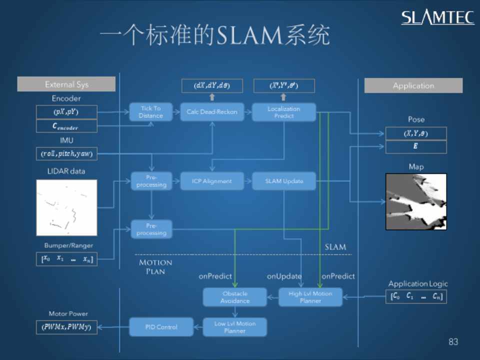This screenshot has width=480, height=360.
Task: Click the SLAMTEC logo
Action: [437, 17]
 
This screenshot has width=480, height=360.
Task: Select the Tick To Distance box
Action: [150, 112]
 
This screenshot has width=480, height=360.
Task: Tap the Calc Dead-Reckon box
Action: [211, 112]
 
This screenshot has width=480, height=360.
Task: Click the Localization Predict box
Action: [283, 112]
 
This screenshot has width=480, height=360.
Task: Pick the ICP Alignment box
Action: [212, 181]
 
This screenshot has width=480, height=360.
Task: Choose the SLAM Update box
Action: [283, 181]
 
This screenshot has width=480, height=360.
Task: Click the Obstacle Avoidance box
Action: [234, 297]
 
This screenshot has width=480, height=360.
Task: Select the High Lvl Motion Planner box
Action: [310, 297]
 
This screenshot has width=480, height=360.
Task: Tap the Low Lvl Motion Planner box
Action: [234, 327]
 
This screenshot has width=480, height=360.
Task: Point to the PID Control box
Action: [160, 327]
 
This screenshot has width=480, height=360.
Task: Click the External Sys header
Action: [66, 84]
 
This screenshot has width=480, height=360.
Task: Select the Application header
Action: [413, 85]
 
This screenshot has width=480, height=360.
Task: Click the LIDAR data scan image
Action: [66, 207]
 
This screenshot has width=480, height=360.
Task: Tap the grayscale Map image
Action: [415, 201]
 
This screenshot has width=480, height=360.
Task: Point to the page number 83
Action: [453, 342]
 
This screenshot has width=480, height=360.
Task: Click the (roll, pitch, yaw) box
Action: [66, 153]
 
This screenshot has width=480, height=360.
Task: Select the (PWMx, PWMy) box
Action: [66, 327]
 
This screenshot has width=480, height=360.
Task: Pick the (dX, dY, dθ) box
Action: [211, 85]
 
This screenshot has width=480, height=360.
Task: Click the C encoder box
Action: [66, 126]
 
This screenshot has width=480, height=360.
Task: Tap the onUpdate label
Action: [284, 276]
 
